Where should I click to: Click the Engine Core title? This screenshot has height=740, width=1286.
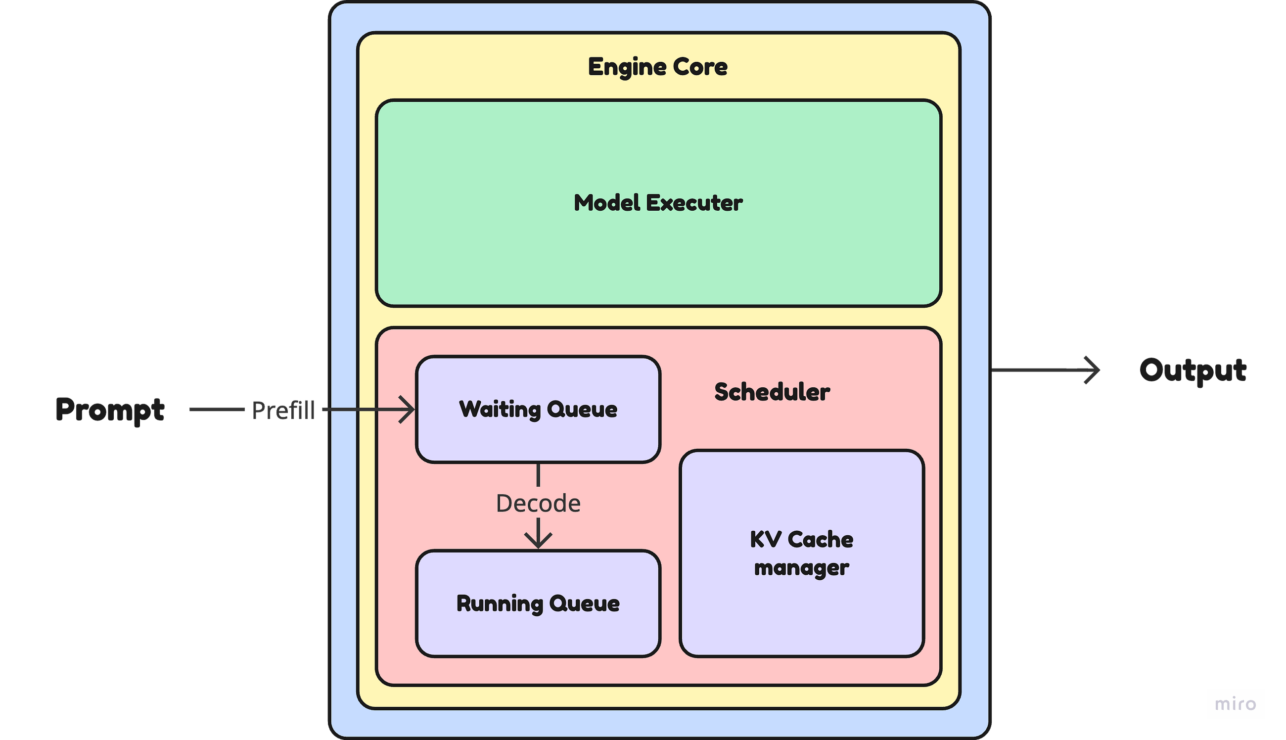point(657,67)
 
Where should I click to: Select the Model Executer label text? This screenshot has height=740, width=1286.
point(658,203)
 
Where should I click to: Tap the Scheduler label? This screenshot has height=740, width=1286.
point(772,392)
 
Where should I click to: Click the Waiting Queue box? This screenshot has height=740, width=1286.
point(538,409)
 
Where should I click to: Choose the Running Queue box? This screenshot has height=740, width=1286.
point(538,604)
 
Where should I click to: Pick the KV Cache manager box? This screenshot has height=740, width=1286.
point(802,554)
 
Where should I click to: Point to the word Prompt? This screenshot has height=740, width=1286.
point(110,410)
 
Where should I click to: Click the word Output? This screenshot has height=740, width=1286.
point(1193,370)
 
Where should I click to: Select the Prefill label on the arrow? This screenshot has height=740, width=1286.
point(283,410)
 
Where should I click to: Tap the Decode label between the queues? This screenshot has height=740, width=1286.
point(538,503)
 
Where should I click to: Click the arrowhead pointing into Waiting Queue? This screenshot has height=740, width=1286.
point(407,409)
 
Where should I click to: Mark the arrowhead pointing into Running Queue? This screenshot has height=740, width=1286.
point(538,540)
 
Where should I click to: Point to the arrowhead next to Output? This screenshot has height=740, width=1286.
point(1092,370)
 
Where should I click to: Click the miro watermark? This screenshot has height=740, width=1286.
point(1235,704)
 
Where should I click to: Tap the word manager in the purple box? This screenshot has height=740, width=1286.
point(801,568)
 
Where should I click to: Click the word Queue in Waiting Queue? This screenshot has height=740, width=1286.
point(582,410)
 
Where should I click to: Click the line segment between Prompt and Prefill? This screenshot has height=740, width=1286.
point(217,409)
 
